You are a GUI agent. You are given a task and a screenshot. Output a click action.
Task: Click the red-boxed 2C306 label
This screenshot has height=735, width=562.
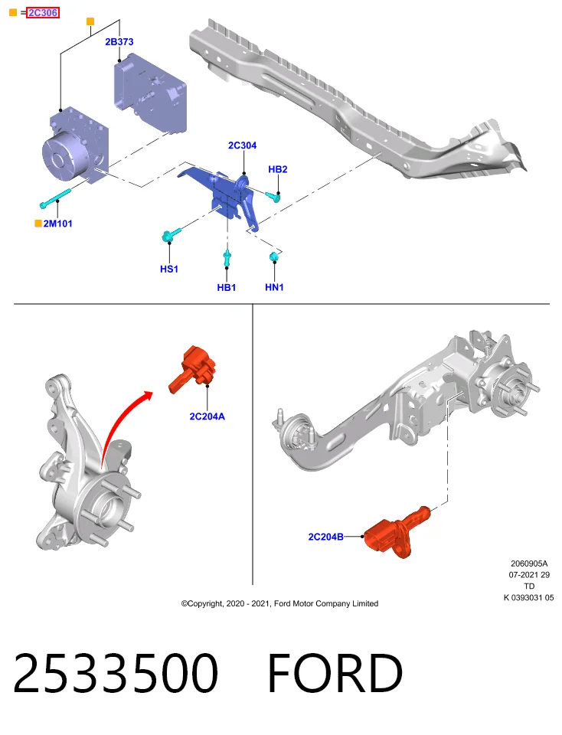click(x=43, y=13)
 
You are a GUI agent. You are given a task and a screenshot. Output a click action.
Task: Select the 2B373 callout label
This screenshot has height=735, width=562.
click(x=119, y=41)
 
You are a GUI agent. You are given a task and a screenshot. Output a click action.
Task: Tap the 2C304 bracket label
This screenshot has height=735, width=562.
click(x=242, y=145)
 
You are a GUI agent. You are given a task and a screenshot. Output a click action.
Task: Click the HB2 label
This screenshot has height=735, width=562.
click(x=277, y=169)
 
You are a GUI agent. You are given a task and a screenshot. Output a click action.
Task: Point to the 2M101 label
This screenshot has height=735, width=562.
click(x=57, y=224)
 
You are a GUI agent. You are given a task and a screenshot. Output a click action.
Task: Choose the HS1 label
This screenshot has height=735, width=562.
click(x=168, y=269)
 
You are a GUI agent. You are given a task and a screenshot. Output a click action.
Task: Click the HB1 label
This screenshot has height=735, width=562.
click(x=227, y=287)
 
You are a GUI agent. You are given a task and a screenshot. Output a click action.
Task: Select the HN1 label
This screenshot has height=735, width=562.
click(x=274, y=287)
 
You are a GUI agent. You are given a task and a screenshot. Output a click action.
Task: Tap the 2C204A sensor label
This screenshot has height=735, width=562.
click(x=207, y=416)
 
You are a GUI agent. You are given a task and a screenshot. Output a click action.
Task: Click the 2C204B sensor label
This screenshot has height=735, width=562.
click(x=325, y=537)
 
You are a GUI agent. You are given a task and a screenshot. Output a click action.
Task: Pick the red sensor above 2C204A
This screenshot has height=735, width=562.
click(x=193, y=369)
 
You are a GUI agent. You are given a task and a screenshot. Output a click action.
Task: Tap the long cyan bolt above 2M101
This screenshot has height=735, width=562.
click(x=55, y=199)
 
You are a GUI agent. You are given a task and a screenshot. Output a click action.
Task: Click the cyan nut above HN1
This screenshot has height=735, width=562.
click(x=274, y=256)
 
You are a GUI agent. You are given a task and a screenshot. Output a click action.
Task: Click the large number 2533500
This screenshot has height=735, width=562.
click(x=116, y=673)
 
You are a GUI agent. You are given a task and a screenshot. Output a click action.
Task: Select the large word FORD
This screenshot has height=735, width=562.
click(x=335, y=673)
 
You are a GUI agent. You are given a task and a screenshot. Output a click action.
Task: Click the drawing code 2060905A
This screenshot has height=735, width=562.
click(x=529, y=563)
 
